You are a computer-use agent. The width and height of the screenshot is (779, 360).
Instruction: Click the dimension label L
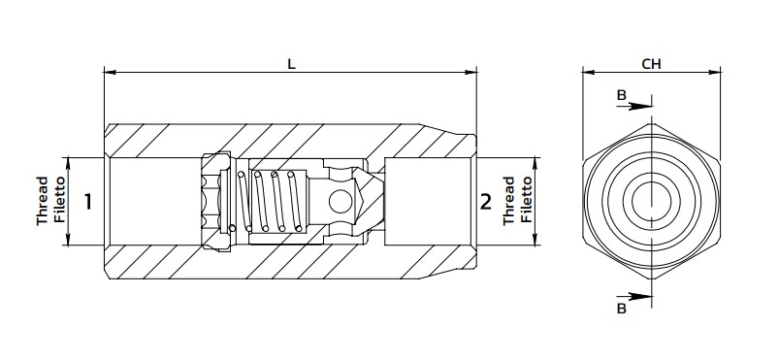pos(291,64)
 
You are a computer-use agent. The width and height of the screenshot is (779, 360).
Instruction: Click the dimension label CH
pos(651,64)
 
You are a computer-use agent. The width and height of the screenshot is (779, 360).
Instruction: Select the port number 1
pos(88,202)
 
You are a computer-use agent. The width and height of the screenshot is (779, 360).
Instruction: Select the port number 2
pos(485,202)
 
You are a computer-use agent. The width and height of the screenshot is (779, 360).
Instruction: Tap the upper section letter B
pos(622,95)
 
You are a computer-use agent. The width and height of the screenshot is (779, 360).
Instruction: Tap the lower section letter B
pos(622,309)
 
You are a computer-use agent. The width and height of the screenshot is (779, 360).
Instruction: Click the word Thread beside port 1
pos(43,201)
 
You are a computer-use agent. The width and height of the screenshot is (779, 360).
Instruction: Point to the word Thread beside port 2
pos(508,201)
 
